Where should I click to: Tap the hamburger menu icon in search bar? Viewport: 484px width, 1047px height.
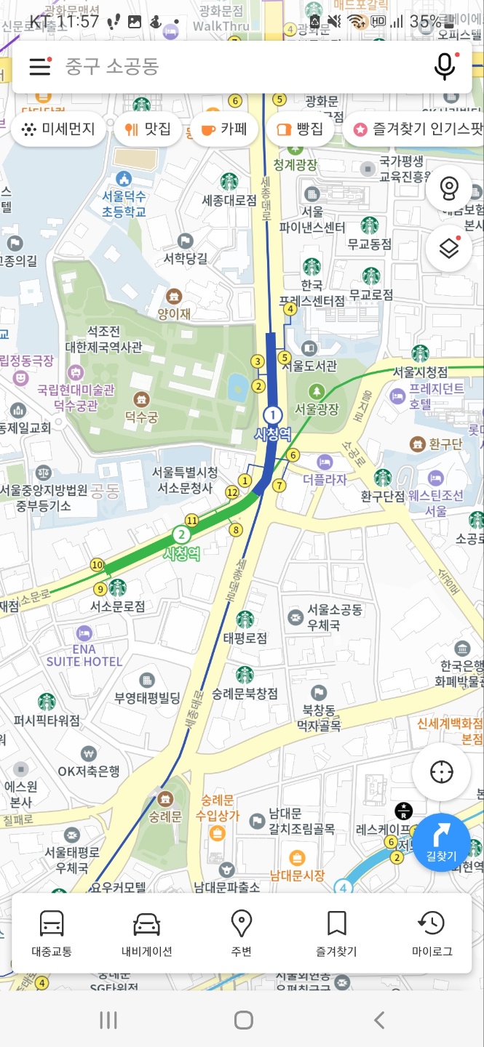(40, 67)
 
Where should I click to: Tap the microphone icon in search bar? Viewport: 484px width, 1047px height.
(445, 67)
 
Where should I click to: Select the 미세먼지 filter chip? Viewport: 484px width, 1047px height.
(59, 129)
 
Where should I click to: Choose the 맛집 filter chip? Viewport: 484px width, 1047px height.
(148, 129)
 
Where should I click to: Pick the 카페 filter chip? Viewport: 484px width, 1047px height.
(223, 129)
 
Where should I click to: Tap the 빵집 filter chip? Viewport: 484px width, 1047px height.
(300, 129)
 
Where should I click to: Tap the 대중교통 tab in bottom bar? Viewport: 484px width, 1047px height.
(52, 933)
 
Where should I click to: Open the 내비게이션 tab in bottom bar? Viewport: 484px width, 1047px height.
(146, 933)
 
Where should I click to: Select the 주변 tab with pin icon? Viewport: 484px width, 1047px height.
(241, 933)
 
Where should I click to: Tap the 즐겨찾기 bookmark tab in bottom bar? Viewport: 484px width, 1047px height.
(336, 933)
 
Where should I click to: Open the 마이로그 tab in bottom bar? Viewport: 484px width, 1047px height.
(432, 933)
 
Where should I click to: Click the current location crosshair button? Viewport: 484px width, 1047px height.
(441, 772)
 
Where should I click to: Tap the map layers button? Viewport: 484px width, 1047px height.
(449, 249)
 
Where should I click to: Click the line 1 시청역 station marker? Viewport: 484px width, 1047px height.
(272, 415)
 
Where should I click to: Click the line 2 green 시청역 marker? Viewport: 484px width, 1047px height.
(180, 536)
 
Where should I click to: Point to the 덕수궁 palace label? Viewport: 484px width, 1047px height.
(140, 417)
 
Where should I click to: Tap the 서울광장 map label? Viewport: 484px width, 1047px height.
(317, 408)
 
